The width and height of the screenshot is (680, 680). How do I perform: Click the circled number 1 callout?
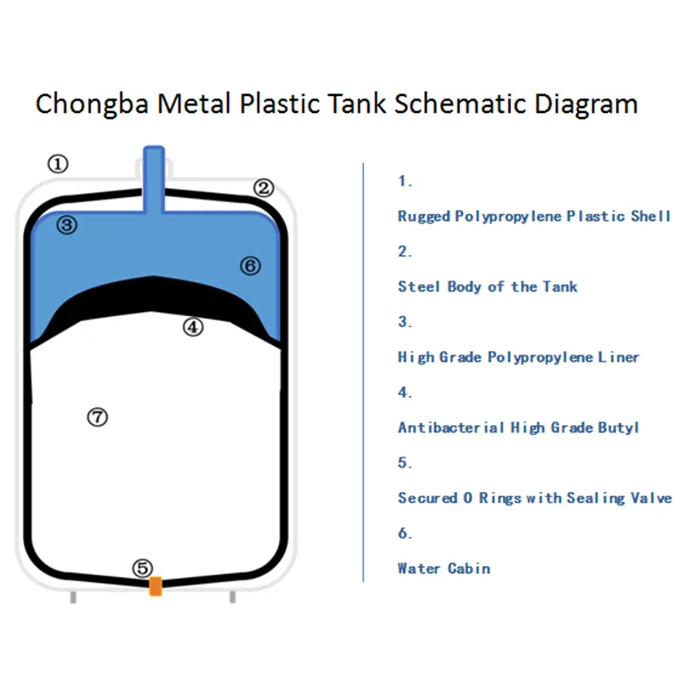pyautogui.click(x=58, y=164)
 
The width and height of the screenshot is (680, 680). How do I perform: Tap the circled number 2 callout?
pyautogui.click(x=263, y=188)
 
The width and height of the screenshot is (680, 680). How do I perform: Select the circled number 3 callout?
pyautogui.click(x=67, y=225)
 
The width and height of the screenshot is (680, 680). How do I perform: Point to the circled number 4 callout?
pyautogui.click(x=193, y=327)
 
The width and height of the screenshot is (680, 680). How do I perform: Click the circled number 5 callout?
pyautogui.click(x=143, y=568)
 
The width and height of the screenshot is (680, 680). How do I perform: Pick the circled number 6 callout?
pyautogui.click(x=250, y=266)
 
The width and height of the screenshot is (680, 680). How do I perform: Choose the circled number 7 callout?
pyautogui.click(x=98, y=417)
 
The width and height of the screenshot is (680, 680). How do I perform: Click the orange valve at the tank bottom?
pyautogui.click(x=156, y=586)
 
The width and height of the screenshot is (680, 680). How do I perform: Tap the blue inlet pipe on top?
pyautogui.click(x=154, y=179)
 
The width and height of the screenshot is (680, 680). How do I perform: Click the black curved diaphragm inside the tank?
pyautogui.click(x=154, y=294)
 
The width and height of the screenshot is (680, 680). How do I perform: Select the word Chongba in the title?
pyautogui.click(x=92, y=104)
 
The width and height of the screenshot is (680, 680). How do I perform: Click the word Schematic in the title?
pyautogui.click(x=460, y=104)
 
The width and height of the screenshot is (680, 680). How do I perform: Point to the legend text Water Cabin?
pyautogui.click(x=444, y=568)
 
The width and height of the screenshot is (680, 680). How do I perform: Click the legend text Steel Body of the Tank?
pyautogui.click(x=488, y=286)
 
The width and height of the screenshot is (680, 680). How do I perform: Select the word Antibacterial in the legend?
pyautogui.click(x=451, y=428)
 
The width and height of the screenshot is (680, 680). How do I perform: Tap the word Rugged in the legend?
pyautogui.click(x=424, y=216)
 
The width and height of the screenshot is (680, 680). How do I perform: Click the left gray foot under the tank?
pyautogui.click(x=73, y=597)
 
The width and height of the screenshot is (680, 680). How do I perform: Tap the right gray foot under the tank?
pyautogui.click(x=232, y=597)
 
